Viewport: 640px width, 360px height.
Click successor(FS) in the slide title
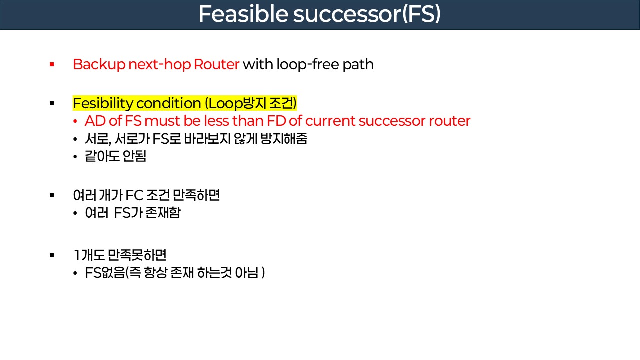tap(367, 15)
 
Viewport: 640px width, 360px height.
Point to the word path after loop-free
tap(358, 64)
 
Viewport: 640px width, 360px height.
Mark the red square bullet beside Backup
tap(52, 64)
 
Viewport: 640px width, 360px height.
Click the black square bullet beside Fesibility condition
tap(52, 103)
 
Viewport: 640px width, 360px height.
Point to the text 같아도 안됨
tap(116, 157)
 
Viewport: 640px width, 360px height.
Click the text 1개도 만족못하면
tap(120, 255)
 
